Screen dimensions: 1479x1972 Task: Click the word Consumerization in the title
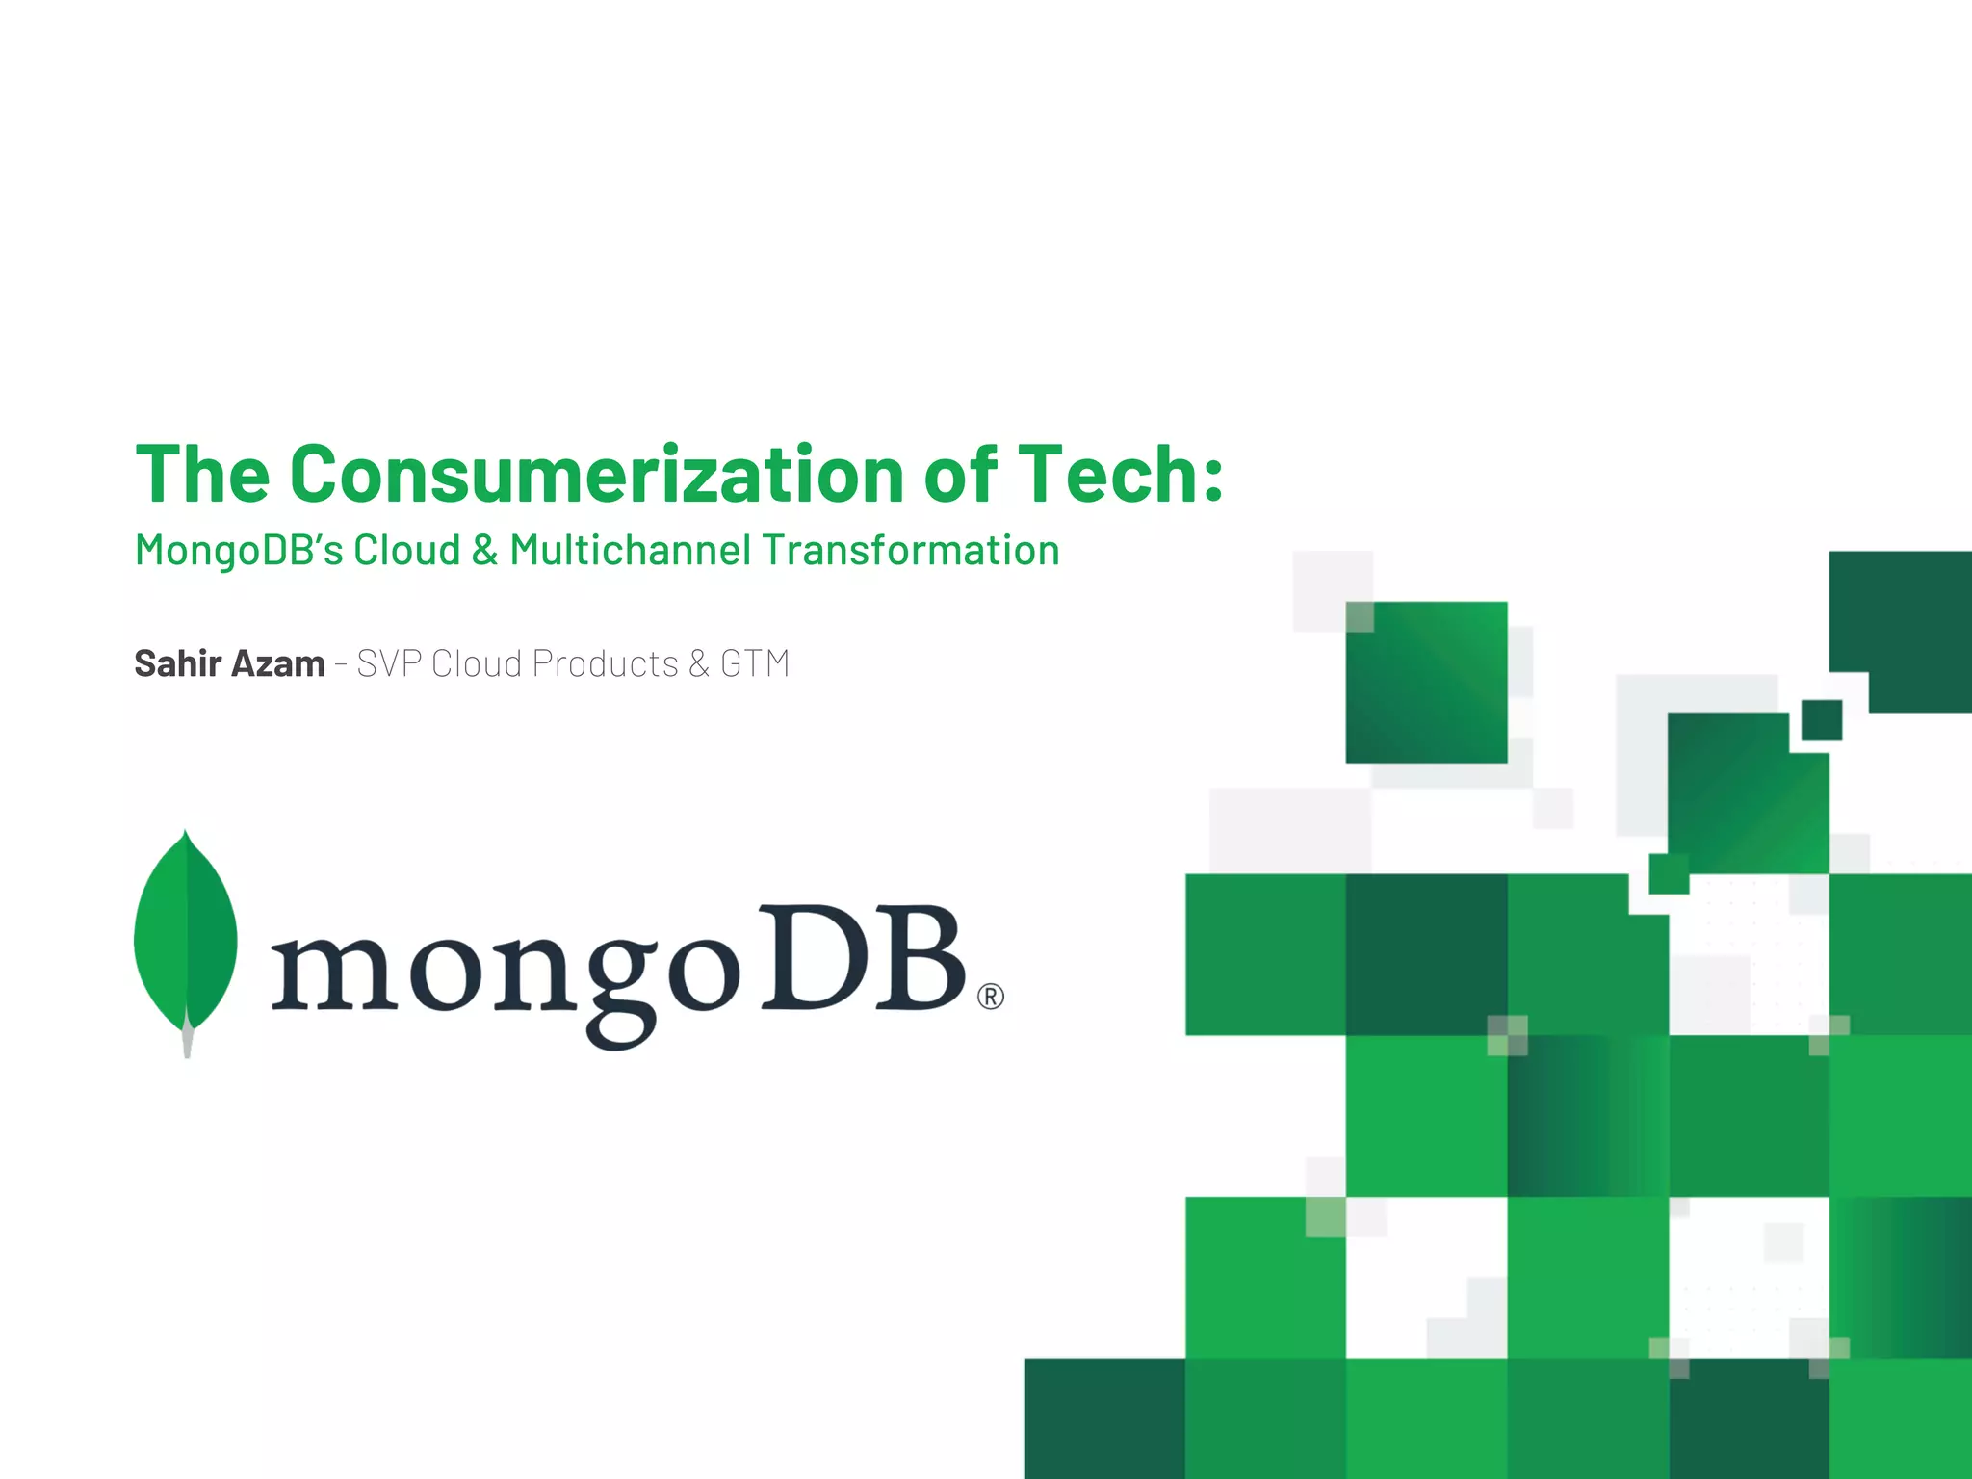[597, 474]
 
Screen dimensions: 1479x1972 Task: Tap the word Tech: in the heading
[1121, 474]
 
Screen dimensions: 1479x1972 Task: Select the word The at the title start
[202, 474]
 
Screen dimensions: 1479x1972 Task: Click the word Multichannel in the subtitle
[630, 551]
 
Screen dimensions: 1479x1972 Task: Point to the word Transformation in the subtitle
[910, 551]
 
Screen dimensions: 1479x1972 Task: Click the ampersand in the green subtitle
[484, 551]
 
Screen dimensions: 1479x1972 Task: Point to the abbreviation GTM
[755, 663]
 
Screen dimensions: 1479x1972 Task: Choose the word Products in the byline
[605, 663]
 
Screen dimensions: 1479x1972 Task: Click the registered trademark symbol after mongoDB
[990, 997]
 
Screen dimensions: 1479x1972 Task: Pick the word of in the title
[960, 474]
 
